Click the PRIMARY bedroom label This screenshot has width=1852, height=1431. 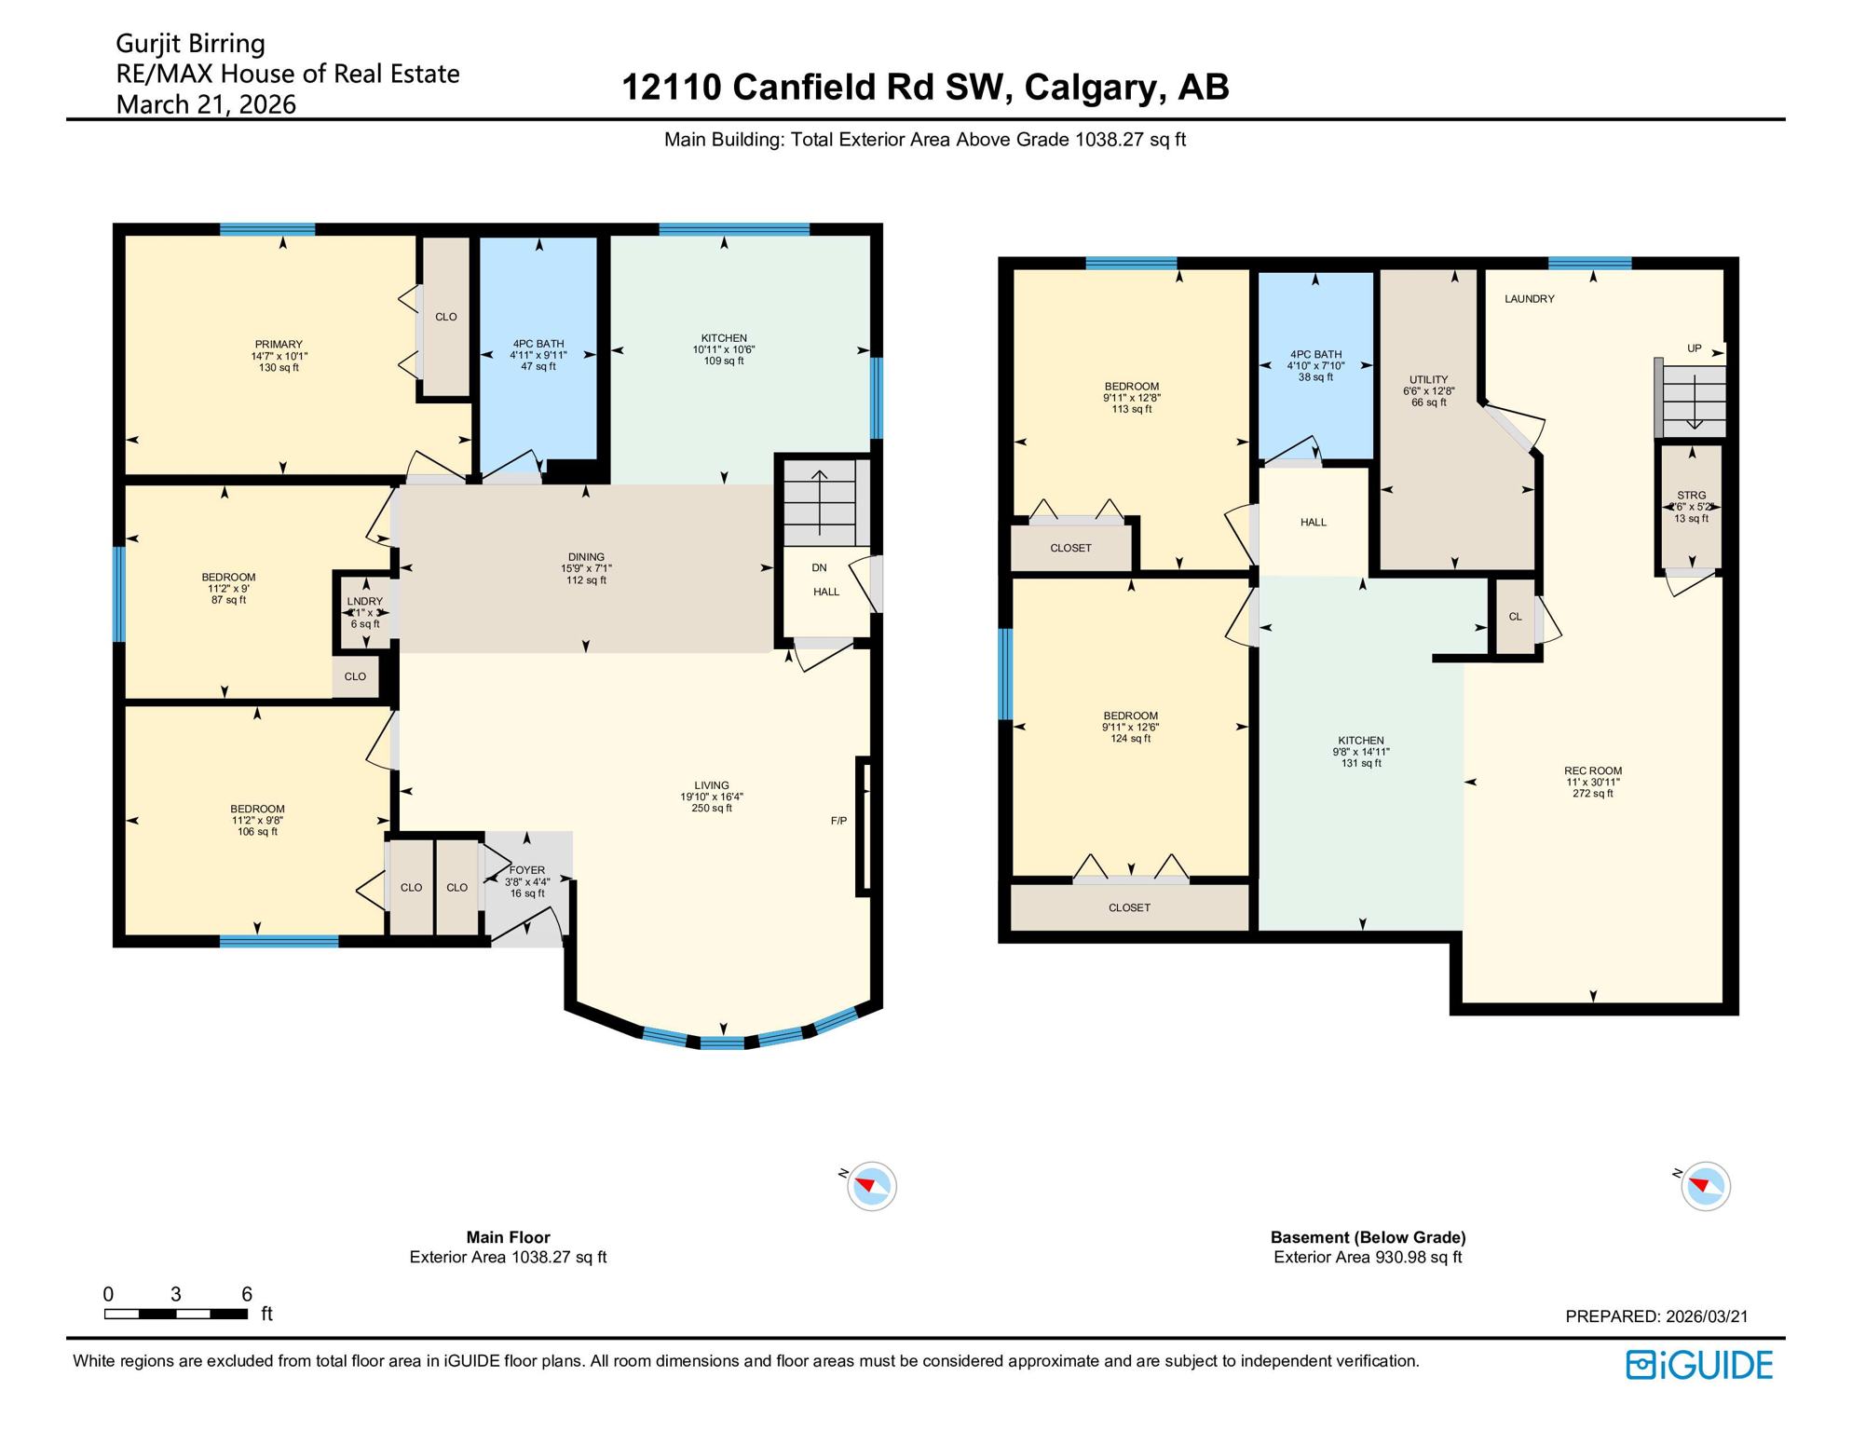point(279,345)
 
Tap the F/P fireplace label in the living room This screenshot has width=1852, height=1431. point(838,821)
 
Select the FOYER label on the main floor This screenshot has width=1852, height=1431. point(527,870)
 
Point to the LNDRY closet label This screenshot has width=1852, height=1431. point(365,602)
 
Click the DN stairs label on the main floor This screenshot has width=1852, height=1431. point(819,567)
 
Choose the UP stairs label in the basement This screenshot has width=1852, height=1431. point(1694,348)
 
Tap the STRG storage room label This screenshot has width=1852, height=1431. point(1691,496)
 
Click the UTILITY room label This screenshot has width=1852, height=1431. point(1428,380)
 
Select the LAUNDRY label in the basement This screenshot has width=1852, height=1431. point(1529,299)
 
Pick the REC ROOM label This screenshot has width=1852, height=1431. point(1592,770)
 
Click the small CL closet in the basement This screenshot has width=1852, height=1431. point(1515,617)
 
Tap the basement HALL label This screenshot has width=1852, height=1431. point(1313,523)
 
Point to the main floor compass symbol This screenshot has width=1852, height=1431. point(871,1186)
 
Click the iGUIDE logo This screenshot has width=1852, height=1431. point(1699,1365)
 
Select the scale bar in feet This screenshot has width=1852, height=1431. point(176,1314)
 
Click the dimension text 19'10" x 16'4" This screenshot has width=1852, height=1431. point(711,797)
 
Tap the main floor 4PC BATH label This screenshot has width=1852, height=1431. point(538,344)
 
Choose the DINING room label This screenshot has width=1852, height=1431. point(586,557)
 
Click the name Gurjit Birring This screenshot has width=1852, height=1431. point(190,44)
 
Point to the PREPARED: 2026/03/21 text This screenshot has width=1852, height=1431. point(1655,1316)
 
